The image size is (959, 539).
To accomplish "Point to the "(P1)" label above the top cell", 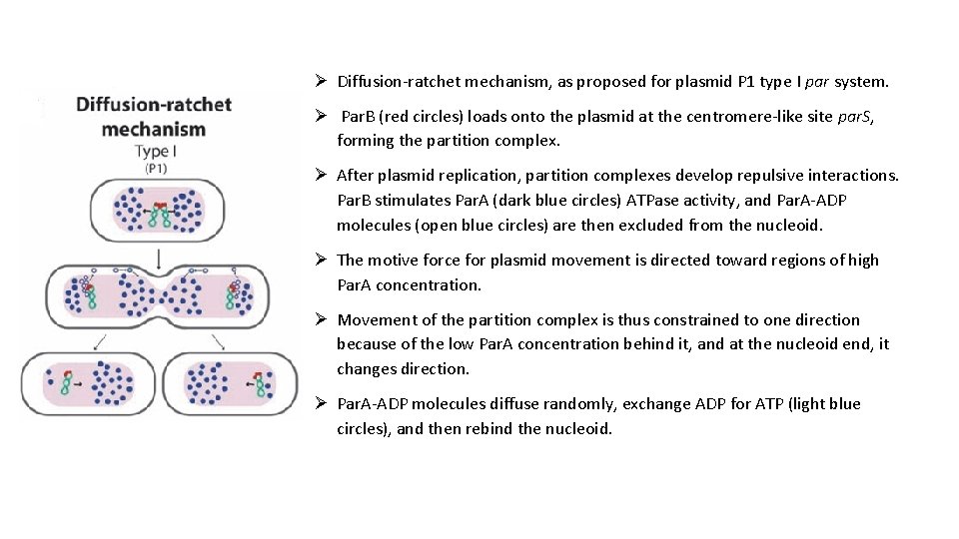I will pyautogui.click(x=157, y=169).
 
